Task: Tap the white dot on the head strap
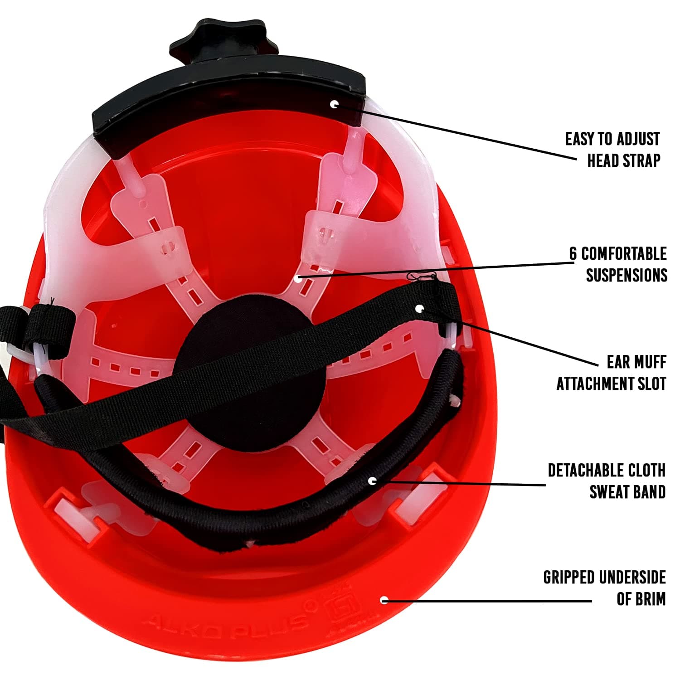(x=335, y=104)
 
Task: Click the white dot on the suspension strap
(x=298, y=278)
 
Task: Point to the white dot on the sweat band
(x=372, y=481)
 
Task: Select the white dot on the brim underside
(x=384, y=600)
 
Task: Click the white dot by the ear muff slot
(x=420, y=309)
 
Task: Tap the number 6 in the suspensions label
(x=573, y=254)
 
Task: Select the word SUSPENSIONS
(x=627, y=275)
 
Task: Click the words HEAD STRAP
(x=624, y=160)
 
